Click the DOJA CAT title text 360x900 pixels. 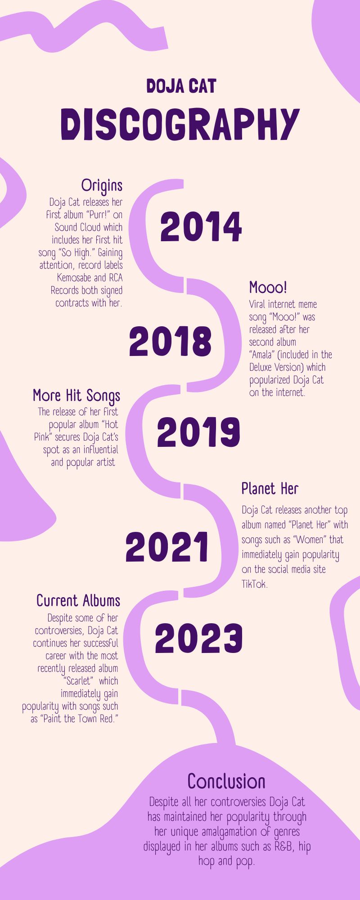(181, 86)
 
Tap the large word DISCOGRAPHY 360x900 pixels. (180, 124)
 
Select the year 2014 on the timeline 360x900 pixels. (201, 227)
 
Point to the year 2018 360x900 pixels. (170, 341)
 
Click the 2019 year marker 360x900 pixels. (198, 432)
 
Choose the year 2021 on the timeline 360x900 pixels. (167, 547)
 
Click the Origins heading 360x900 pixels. (102, 185)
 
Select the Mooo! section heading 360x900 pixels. (268, 287)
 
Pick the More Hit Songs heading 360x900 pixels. (76, 396)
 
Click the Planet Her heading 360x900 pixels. (270, 488)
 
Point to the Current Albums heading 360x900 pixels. (78, 601)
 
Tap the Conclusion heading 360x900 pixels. (226, 781)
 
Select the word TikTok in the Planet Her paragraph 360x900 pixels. (255, 584)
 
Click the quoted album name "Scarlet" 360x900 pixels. (78, 681)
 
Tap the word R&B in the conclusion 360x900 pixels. (284, 846)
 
